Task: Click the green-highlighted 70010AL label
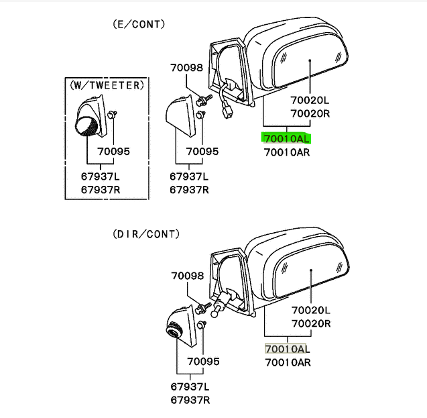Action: pyautogui.click(x=286, y=139)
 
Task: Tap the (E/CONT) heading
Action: pyautogui.click(x=138, y=25)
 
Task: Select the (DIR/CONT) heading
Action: pyautogui.click(x=146, y=234)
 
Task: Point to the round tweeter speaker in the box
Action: pyautogui.click(x=86, y=125)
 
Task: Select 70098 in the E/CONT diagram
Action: pyautogui.click(x=186, y=68)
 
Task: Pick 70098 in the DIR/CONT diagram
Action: pyautogui.click(x=186, y=276)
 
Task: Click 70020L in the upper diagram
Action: pyautogui.click(x=310, y=101)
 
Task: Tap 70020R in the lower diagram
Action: pyautogui.click(x=310, y=323)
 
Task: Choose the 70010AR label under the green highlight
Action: pyautogui.click(x=286, y=152)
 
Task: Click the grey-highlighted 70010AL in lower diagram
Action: pyautogui.click(x=286, y=349)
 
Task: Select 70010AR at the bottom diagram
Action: pyautogui.click(x=286, y=362)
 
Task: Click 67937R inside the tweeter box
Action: pyautogui.click(x=100, y=189)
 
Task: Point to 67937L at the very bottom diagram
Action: pyautogui.click(x=189, y=387)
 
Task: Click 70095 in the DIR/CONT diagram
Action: pyautogui.click(x=203, y=362)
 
